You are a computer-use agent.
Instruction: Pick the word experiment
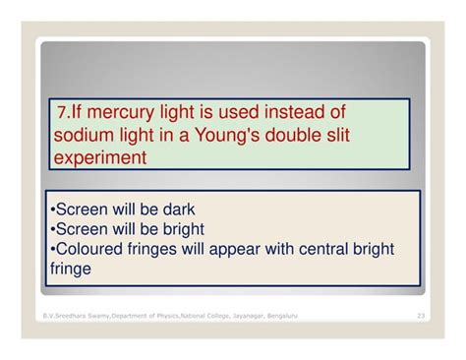click(99, 157)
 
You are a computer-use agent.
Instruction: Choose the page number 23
click(421, 315)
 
